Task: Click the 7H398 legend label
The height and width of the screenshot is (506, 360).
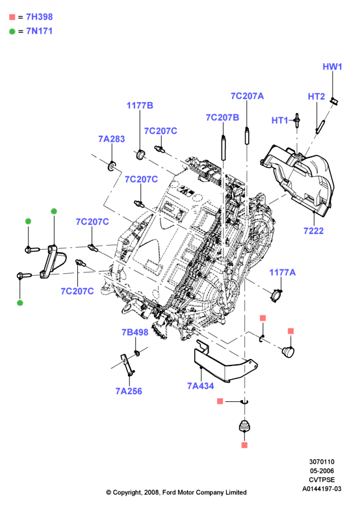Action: pos(40,17)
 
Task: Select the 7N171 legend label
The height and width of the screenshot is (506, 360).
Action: pos(40,31)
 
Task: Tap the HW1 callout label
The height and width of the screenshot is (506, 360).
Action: pos(332,66)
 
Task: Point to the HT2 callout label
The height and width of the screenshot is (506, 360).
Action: pos(316,96)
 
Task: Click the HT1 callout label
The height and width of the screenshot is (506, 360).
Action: pos(280,120)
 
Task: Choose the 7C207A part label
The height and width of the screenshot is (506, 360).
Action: pos(247,96)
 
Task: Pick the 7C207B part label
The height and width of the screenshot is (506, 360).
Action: pos(222,117)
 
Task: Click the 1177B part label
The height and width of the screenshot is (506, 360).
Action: pos(140,105)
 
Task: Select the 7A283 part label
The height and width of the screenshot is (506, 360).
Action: pos(112,139)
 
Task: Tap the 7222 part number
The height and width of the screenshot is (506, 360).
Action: pos(314,231)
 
